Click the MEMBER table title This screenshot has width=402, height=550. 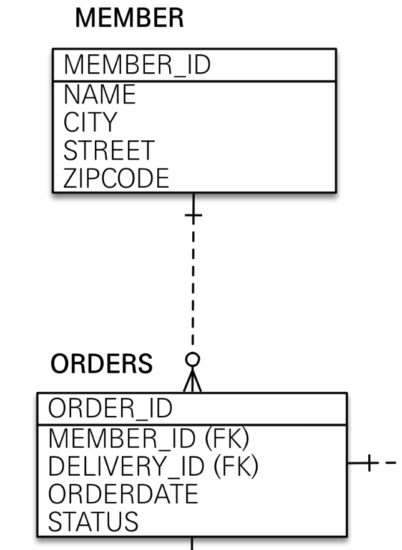pos(129,19)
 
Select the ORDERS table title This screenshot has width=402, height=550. pos(101,364)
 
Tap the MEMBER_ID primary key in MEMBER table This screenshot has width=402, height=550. pos(137,65)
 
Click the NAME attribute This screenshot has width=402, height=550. pos(99,94)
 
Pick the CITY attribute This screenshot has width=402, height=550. pos(90,122)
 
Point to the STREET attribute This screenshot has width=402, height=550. pos(109,150)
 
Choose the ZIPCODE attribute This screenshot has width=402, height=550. pos(116,178)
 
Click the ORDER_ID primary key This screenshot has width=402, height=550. pos(110,409)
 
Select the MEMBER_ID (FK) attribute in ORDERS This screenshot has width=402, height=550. pos(149,438)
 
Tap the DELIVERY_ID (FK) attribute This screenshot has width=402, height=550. pos(153,466)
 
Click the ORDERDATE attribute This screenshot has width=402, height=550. pos(123,494)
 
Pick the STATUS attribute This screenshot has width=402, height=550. pos(93,521)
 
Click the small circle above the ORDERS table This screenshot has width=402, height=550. pos(194,359)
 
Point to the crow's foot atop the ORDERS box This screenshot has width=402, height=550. pos(193,381)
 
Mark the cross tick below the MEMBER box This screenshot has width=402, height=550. pos(194,216)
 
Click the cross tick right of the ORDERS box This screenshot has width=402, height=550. pos(370,463)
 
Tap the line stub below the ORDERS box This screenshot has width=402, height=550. pos(192,543)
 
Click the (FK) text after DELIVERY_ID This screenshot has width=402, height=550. pos(237,466)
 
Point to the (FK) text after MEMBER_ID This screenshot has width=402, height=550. pos(227,438)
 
